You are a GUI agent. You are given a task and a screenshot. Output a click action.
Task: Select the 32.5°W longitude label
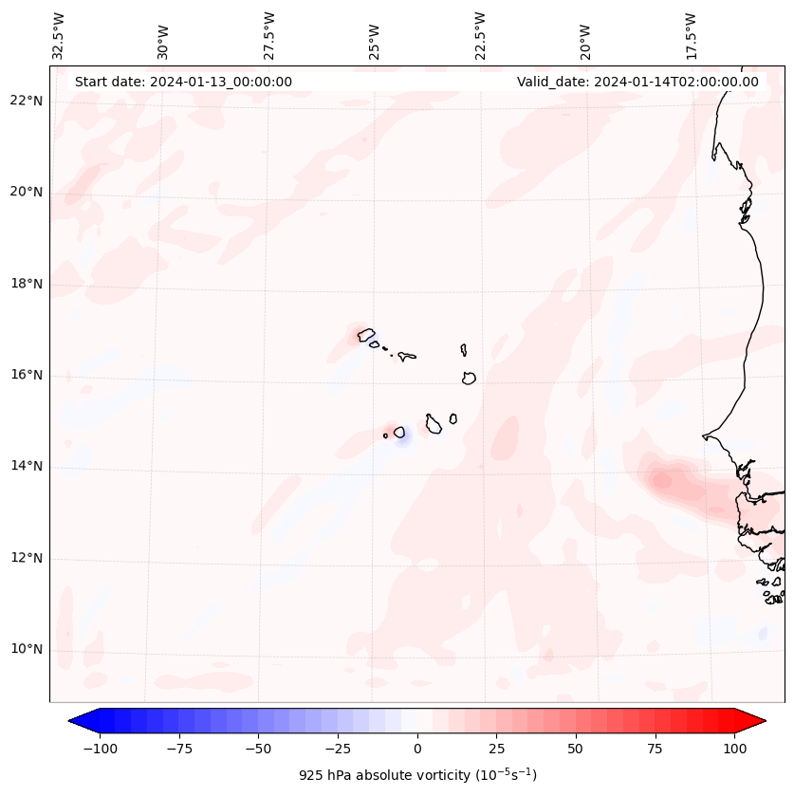pyautogui.click(x=59, y=36)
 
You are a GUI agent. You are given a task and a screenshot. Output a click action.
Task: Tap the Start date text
pyautogui.click(x=183, y=82)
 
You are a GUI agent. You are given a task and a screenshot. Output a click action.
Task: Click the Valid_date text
pyautogui.click(x=637, y=82)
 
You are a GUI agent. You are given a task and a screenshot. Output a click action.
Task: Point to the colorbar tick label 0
pyautogui.click(x=417, y=749)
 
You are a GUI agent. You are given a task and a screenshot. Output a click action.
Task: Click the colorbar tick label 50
pyautogui.click(x=575, y=749)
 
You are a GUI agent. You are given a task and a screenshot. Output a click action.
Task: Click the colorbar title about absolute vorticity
pyautogui.click(x=417, y=775)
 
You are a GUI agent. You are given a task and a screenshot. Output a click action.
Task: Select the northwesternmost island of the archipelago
pyautogui.click(x=366, y=334)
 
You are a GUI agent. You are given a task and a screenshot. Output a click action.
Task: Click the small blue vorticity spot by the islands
pyautogui.click(x=402, y=439)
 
